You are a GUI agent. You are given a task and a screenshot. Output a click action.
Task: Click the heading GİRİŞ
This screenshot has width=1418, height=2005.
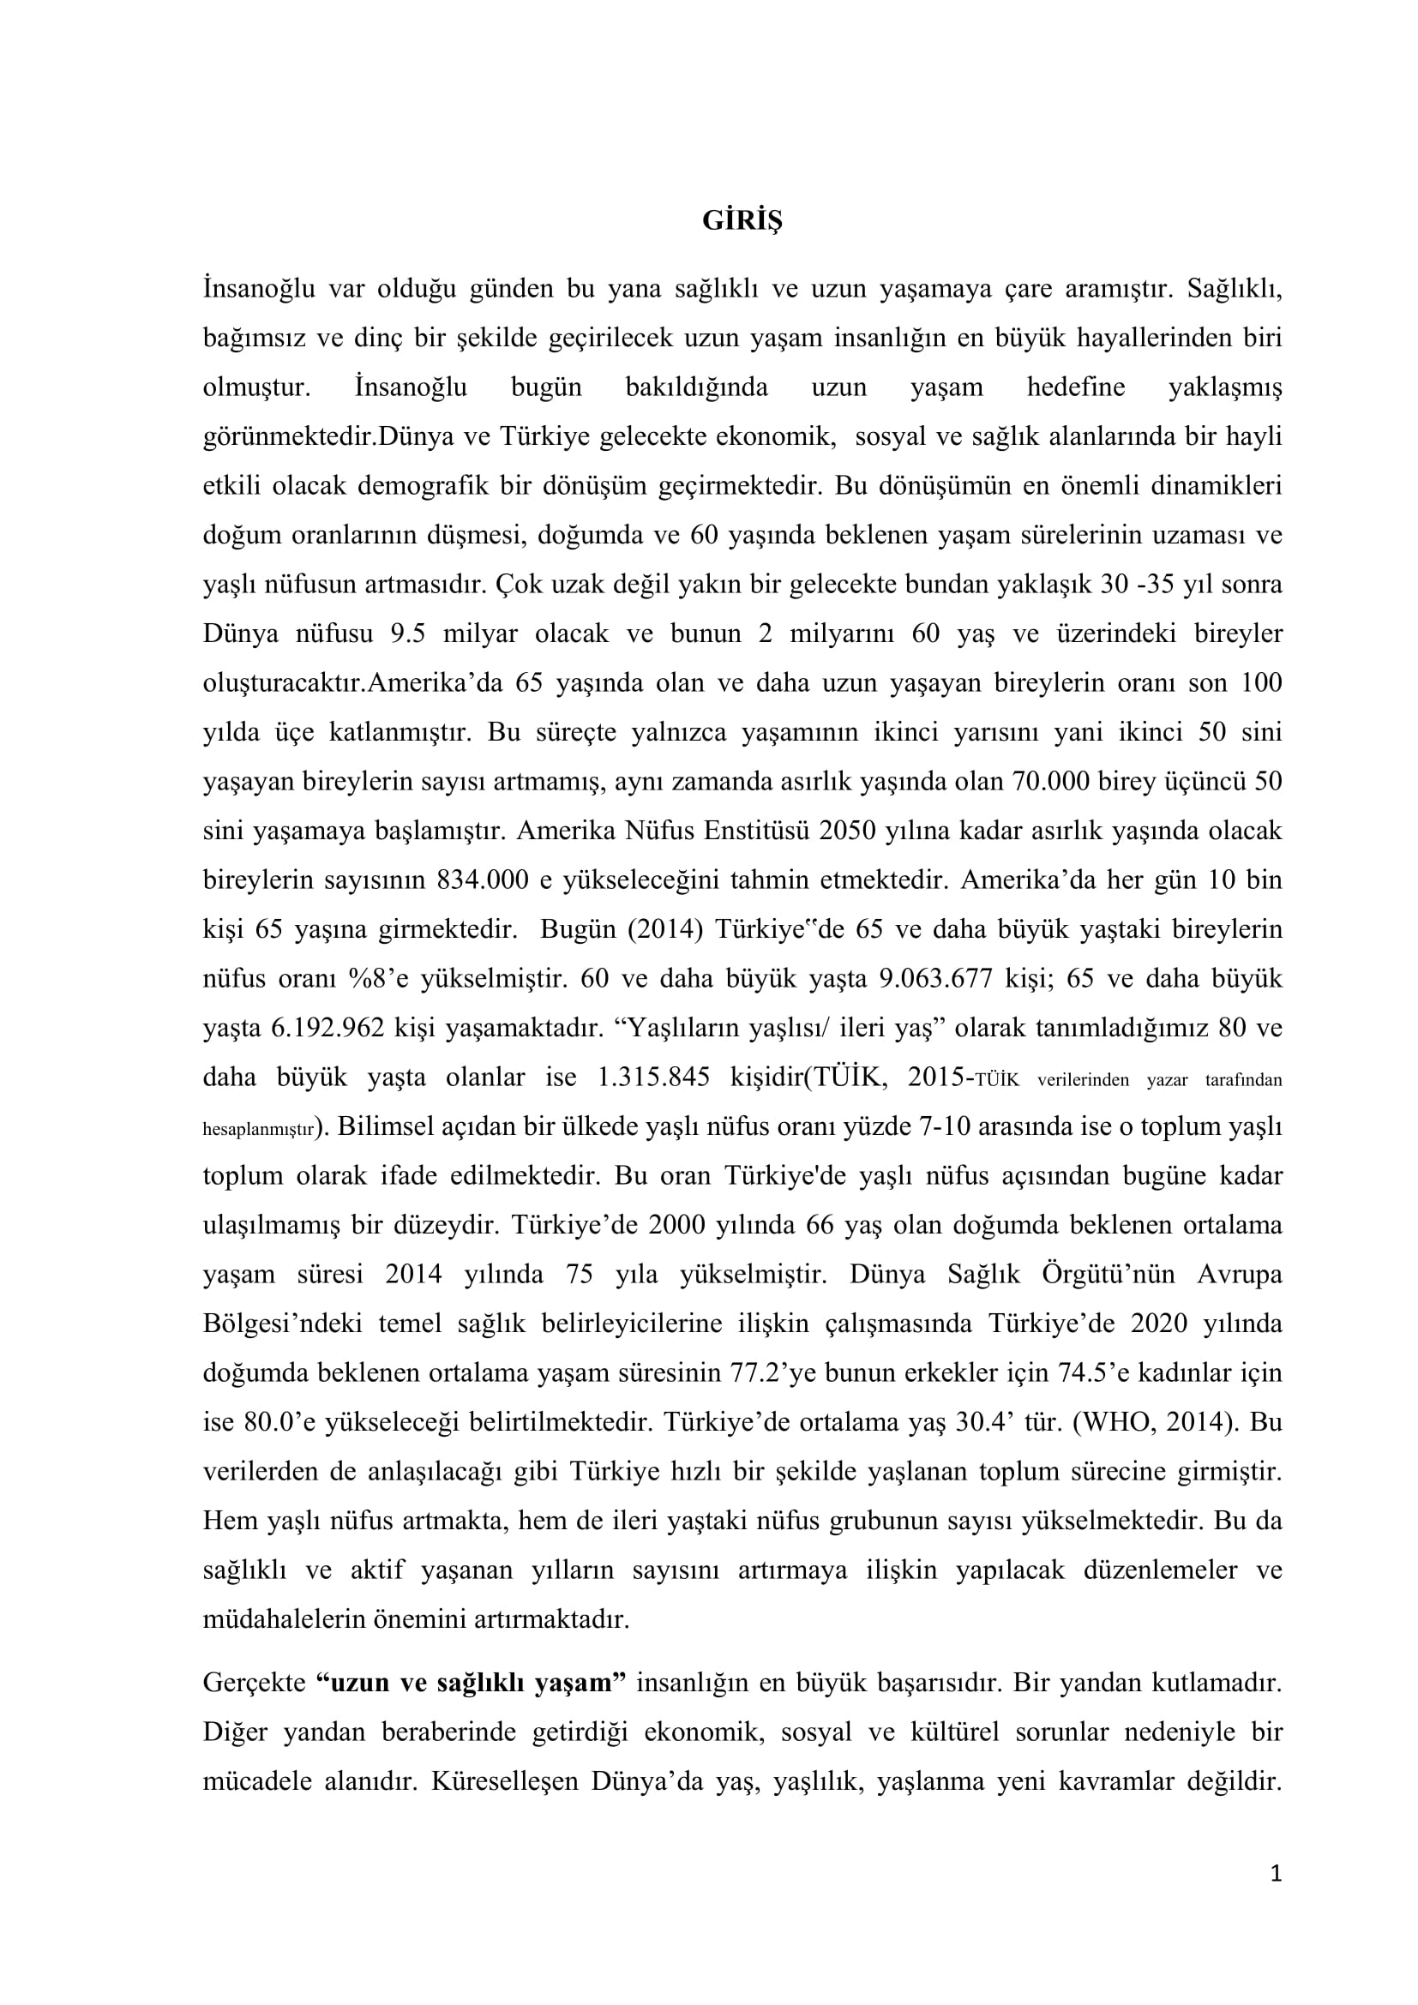coord(742,222)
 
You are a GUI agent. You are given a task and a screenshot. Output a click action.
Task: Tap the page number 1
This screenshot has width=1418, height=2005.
coord(1276,1897)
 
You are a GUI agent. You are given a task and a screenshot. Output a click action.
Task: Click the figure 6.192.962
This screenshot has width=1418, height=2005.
coord(327,1028)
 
